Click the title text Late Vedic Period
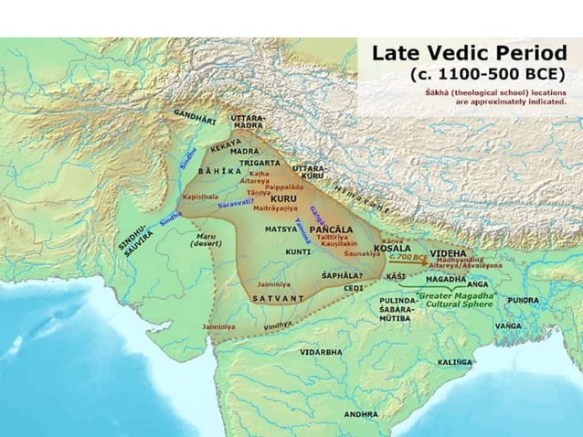[x=469, y=53]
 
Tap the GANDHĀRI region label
[x=195, y=119]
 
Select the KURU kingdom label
[x=284, y=197]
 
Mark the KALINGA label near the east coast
[x=455, y=362]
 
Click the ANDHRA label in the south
[x=360, y=414]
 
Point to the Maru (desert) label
[x=208, y=243]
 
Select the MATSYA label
[x=279, y=228]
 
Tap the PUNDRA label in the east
[x=523, y=299]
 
